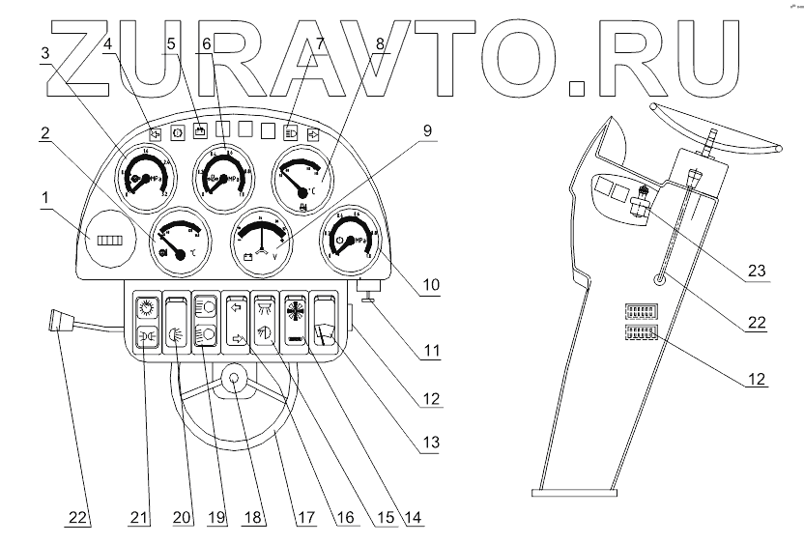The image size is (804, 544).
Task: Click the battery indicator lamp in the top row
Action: [198, 129]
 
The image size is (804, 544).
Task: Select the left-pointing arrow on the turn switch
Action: [235, 307]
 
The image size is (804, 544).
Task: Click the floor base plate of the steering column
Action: [575, 492]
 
